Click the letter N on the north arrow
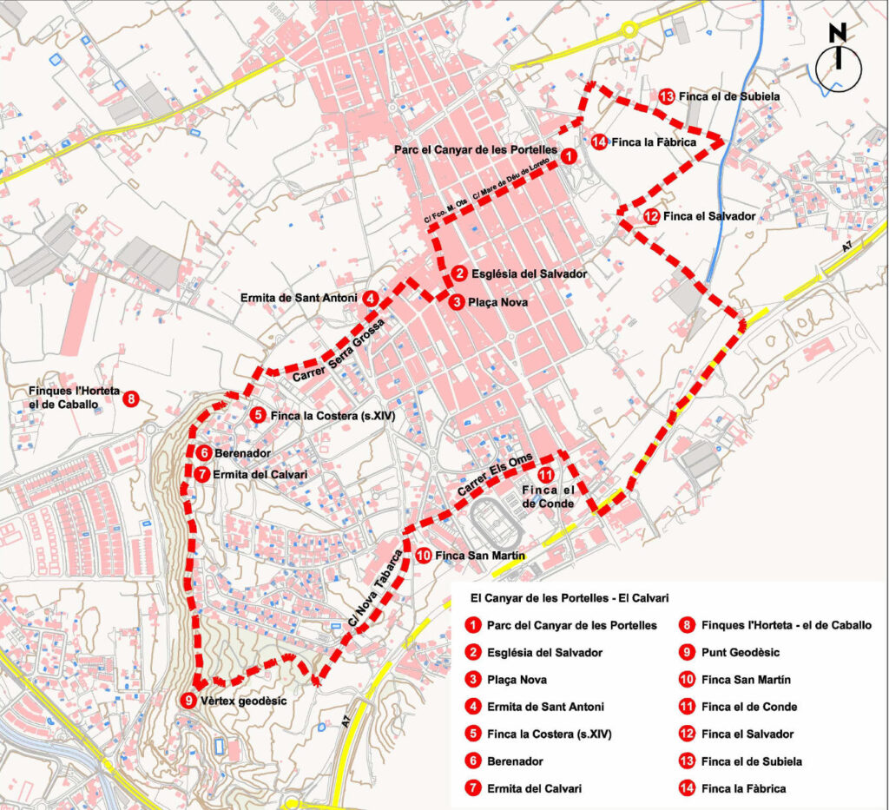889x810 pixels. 838,33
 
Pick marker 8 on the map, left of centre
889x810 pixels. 131,399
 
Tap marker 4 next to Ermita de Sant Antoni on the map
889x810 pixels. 371,298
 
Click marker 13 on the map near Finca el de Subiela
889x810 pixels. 667,96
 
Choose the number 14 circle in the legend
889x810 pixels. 687,788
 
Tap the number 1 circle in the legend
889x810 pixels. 473,624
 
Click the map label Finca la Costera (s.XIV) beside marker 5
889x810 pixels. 333,416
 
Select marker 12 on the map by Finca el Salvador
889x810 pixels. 651,216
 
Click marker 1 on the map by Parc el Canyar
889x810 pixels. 567,156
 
